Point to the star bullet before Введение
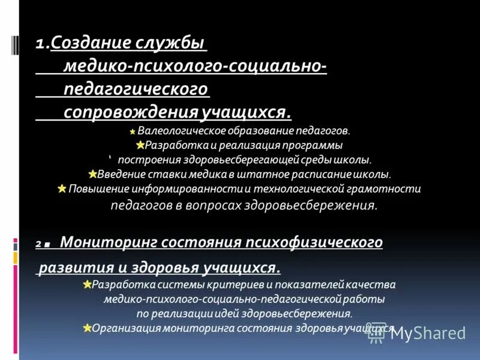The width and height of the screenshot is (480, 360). click(92, 175)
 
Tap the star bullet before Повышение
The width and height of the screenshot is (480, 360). click(62, 189)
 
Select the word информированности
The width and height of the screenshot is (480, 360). click(196, 189)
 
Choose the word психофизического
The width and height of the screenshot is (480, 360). click(322, 242)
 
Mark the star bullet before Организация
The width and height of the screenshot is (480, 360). click(87, 328)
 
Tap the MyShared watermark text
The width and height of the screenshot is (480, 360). click(427, 334)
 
